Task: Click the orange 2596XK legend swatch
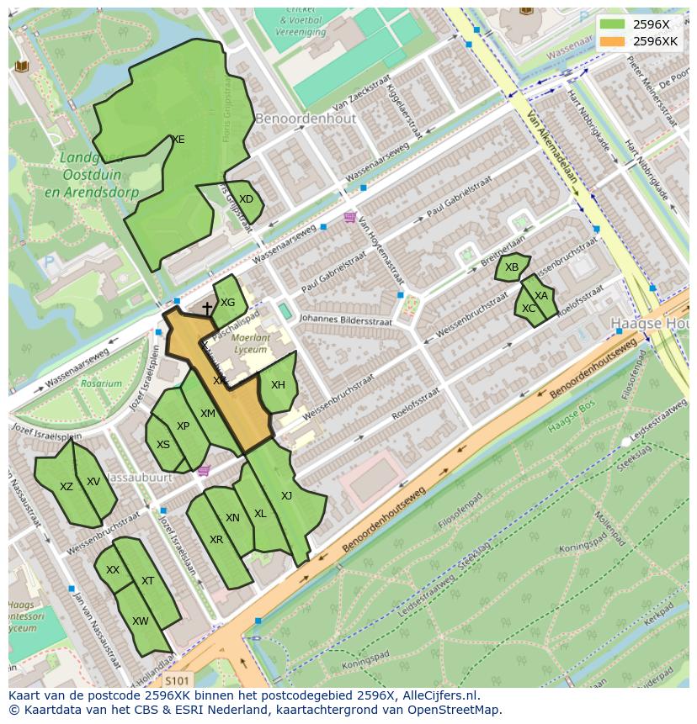[614, 41]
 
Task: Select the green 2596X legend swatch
[614, 24]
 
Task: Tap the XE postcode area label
[178, 140]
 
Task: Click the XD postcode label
[246, 199]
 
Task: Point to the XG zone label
[227, 303]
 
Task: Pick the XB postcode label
[512, 267]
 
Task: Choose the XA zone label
[541, 296]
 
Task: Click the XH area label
[278, 385]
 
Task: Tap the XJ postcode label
[286, 496]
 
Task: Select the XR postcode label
[216, 540]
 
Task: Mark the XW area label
[141, 621]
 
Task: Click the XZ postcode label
[67, 487]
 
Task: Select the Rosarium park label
[101, 383]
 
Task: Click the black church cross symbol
[207, 309]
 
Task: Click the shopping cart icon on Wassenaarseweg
[349, 218]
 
